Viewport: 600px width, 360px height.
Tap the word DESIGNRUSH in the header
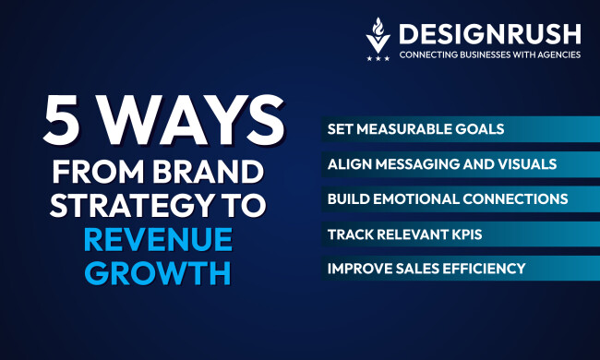(x=489, y=34)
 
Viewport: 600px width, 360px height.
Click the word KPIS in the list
(x=465, y=234)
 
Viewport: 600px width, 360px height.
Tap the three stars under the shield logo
(x=378, y=58)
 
